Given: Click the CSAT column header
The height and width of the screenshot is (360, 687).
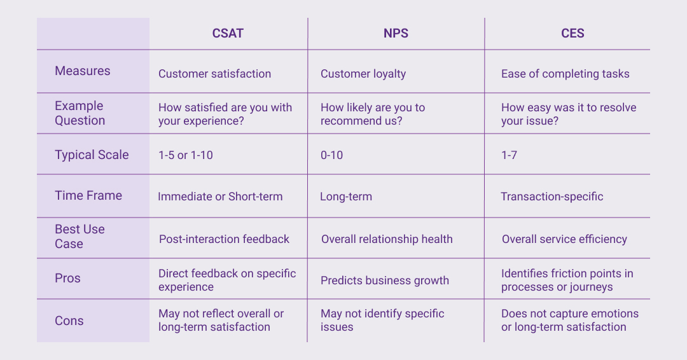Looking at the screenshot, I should (x=228, y=34).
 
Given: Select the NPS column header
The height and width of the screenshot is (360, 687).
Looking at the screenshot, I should (x=396, y=34).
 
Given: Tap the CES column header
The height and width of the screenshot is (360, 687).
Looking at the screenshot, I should (x=572, y=34).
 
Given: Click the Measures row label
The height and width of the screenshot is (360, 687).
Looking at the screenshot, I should (x=83, y=71).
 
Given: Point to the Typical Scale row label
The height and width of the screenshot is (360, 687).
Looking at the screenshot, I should (x=92, y=155).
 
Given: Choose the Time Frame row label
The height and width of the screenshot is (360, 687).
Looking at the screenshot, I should (x=88, y=195).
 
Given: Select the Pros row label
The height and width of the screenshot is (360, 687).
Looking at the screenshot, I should (x=68, y=278).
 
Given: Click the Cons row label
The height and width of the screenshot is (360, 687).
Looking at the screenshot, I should (x=69, y=321).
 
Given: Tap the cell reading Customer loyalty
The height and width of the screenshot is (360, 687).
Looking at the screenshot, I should (x=363, y=74).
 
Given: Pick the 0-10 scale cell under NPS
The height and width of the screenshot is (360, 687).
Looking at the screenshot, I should (x=331, y=155).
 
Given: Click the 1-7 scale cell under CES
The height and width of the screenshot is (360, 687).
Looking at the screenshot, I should (x=509, y=155).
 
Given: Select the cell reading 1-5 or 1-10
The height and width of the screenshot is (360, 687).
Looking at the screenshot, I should (x=186, y=155).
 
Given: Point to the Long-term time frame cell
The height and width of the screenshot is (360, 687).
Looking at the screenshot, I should (x=346, y=197).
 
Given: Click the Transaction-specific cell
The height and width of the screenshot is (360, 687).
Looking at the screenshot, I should (x=552, y=197).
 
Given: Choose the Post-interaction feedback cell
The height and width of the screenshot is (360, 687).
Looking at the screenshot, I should (x=224, y=239).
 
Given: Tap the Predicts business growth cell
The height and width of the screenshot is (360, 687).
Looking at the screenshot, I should (x=385, y=280).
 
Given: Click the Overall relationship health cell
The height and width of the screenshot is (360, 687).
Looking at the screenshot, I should (x=387, y=239).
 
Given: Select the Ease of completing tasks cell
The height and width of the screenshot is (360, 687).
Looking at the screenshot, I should (x=566, y=74).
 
